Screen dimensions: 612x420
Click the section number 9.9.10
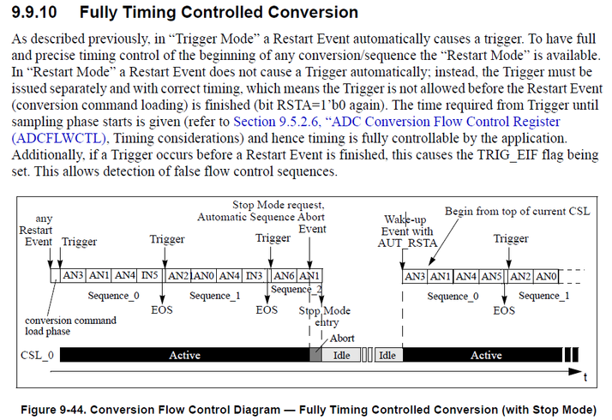[x=34, y=12]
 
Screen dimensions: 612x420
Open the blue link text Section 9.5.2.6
[x=275, y=122]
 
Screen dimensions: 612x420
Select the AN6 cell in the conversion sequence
[x=284, y=276]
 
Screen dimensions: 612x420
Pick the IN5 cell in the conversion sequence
[x=150, y=276]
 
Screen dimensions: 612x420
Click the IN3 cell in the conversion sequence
[x=255, y=276]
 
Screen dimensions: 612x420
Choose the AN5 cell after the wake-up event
[x=491, y=276]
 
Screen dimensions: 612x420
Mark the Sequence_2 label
[x=297, y=289]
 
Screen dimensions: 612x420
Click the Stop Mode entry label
[x=325, y=316]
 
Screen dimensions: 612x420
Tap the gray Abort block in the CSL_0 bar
[x=315, y=355]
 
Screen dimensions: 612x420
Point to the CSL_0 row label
[x=37, y=355]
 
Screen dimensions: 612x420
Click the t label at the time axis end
[x=585, y=377]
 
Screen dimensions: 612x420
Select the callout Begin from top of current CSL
[x=517, y=212]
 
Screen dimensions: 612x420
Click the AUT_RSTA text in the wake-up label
[x=407, y=243]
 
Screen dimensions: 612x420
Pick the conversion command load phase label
[x=70, y=326]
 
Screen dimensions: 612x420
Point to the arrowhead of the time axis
[x=575, y=371]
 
